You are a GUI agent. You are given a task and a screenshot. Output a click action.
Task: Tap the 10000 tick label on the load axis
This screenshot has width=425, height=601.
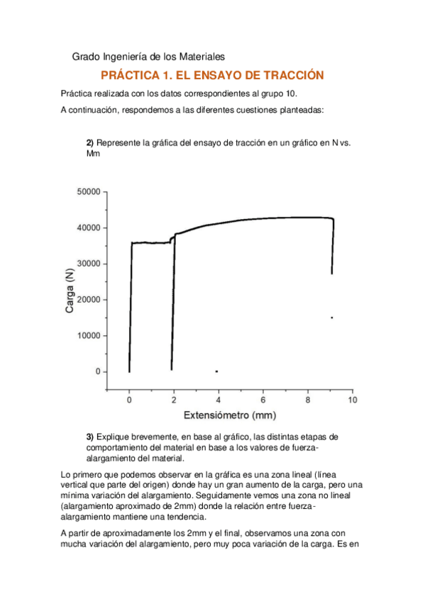(88, 336)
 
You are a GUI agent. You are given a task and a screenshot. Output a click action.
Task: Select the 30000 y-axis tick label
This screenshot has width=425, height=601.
(88, 264)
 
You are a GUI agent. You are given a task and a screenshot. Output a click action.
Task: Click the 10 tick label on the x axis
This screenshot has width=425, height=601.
(351, 401)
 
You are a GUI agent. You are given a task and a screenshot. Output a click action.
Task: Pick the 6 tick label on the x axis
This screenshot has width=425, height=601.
(263, 401)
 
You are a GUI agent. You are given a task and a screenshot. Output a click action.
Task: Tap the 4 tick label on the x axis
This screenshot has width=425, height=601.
(219, 401)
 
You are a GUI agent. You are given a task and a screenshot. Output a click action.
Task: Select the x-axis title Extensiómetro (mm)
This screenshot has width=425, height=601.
(230, 415)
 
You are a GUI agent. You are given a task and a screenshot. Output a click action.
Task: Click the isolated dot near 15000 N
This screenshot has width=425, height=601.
(331, 318)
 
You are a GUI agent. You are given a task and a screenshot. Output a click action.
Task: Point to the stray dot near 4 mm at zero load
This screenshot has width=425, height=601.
(216, 371)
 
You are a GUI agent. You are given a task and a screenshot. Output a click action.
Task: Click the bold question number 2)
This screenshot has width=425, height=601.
(89, 142)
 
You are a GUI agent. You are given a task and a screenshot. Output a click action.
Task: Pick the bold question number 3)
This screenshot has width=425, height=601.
(89, 436)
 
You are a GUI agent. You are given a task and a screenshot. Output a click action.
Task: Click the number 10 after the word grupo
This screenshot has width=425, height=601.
(292, 93)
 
